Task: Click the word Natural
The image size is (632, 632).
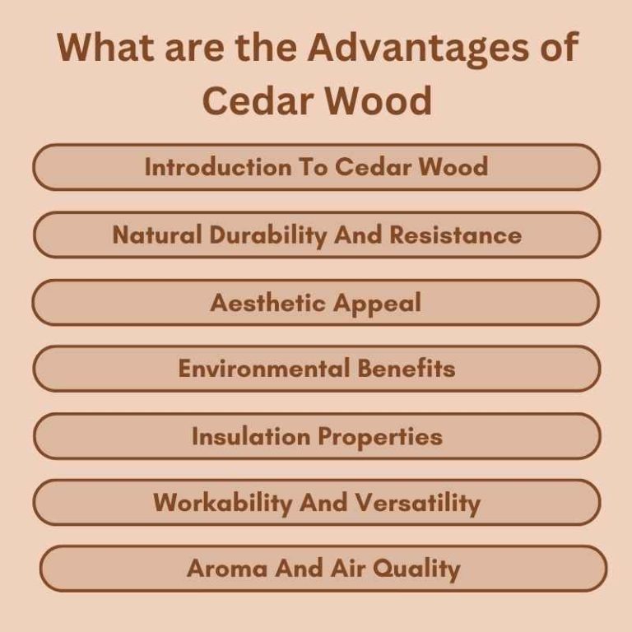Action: point(157,235)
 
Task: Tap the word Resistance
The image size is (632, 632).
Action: point(455,235)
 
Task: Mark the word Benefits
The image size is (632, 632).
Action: point(407,369)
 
